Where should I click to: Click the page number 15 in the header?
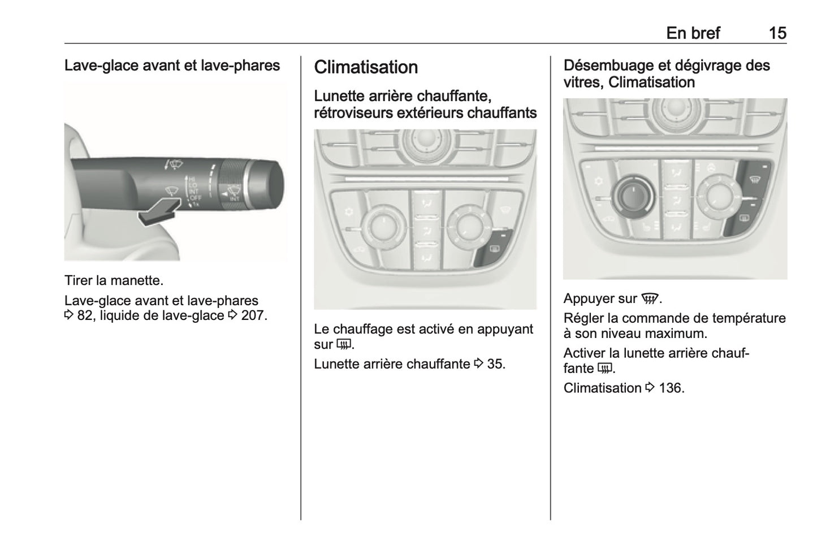[x=777, y=33]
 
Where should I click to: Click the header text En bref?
[x=693, y=33]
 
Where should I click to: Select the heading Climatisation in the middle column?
[x=366, y=67]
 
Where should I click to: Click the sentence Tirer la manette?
[x=114, y=280]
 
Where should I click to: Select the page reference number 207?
[x=253, y=315]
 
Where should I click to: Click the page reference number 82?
[x=85, y=315]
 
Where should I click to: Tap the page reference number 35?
[x=495, y=364]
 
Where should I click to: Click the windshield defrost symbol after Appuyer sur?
[x=650, y=299]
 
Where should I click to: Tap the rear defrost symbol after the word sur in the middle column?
[x=344, y=345]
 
